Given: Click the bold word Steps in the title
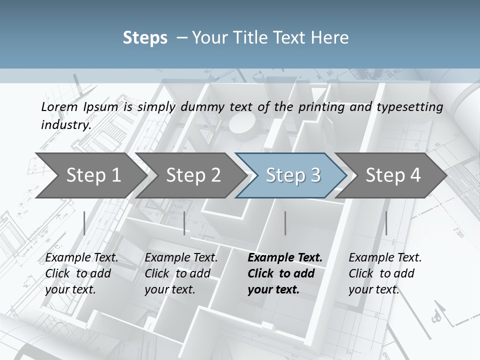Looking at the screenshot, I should click(145, 38).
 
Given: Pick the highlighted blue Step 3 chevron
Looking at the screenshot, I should click(293, 175).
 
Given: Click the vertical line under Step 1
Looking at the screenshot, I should click(84, 223).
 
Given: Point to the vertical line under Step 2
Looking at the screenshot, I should click(184, 223).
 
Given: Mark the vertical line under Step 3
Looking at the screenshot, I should click(285, 223).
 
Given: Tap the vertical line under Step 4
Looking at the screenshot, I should click(386, 223).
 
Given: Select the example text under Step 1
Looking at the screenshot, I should click(81, 273).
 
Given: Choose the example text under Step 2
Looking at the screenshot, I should click(180, 273).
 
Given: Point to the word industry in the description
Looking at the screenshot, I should click(66, 125).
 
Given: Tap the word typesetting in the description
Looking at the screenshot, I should click(414, 107).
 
